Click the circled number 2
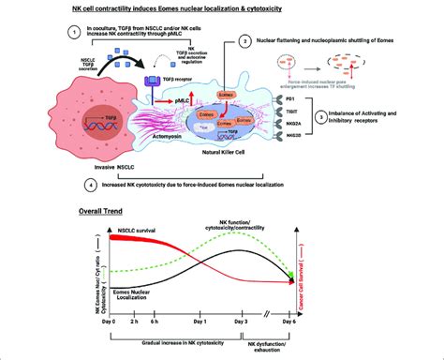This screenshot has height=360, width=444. (245, 42)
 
